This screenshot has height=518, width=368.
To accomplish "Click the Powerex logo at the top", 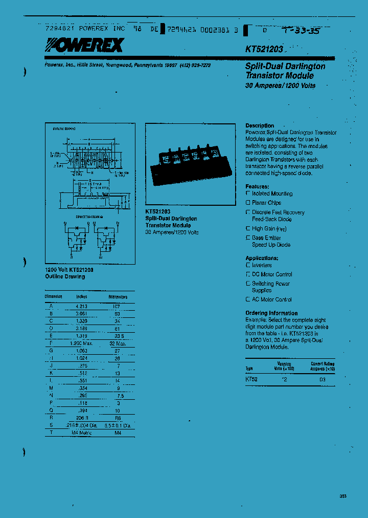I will coord(84,46).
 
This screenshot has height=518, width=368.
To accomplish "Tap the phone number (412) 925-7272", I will coord(195,66).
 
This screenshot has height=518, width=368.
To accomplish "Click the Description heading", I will coord(260,125).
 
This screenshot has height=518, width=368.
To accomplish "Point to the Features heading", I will coord(257,187).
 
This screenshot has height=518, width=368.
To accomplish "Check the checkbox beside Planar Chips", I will coord(248,203).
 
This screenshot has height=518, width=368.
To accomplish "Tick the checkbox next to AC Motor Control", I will coord(248,299).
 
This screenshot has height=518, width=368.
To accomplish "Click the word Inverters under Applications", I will coord(262,265).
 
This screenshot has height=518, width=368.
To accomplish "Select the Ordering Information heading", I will coord(271,313).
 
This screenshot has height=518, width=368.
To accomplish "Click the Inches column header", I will coord(82,297).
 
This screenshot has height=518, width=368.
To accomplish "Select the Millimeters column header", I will coord(118,297).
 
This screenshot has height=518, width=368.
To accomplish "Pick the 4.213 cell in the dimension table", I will coord(82,306).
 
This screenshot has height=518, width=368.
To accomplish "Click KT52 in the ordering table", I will coord(251,379).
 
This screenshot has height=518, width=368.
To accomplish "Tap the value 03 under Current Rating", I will coord(323,379).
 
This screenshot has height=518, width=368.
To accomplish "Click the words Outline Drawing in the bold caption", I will coord(65,276).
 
